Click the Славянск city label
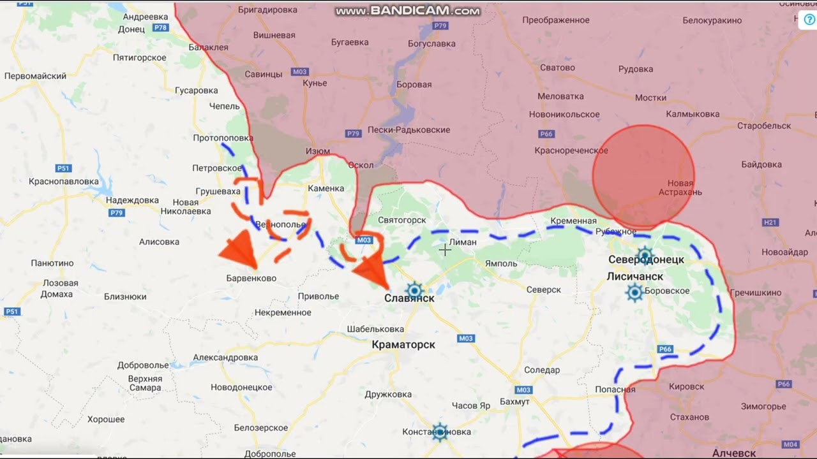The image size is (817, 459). click(409, 298)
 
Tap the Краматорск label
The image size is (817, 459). click(403, 345)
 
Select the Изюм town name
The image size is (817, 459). click(317, 151)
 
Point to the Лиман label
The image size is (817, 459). click(463, 242)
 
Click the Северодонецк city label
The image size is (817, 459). click(646, 259)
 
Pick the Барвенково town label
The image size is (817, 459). click(251, 279)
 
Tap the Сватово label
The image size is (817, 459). click(557, 68)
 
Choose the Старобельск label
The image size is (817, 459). click(764, 126)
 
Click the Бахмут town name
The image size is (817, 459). click(514, 402)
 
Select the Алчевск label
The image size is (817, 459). click(734, 453)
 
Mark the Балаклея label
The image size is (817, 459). click(208, 47)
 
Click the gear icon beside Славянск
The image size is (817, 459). click(414, 291)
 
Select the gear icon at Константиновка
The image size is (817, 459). click(439, 432)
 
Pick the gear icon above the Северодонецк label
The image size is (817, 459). click(645, 256)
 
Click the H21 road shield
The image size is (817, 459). click(770, 222)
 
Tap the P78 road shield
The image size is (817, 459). click(161, 27)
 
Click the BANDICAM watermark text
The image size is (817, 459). click(408, 11)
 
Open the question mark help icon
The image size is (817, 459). click(809, 19)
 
